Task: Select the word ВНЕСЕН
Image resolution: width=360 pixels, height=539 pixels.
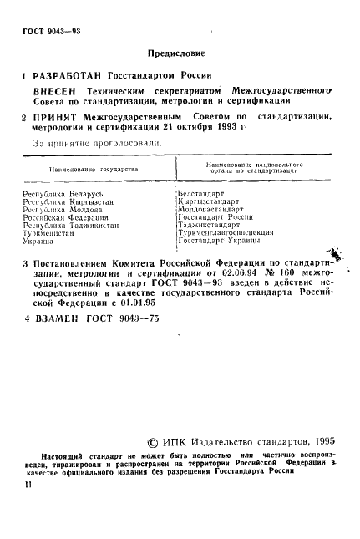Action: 53,91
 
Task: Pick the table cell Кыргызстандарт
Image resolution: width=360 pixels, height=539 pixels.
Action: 209,201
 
